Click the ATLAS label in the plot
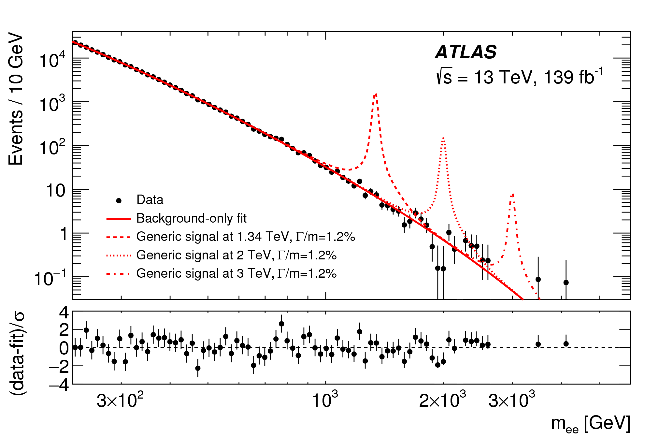(x=466, y=52)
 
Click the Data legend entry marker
(x=119, y=201)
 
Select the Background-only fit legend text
(x=191, y=218)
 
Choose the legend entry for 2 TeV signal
(x=236, y=255)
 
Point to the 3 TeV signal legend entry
(x=236, y=273)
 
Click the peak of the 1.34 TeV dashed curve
(x=376, y=94)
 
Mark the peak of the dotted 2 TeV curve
(x=443, y=139)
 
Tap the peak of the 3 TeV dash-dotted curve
(x=513, y=195)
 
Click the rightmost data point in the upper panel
(x=566, y=283)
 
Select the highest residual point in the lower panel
(x=281, y=324)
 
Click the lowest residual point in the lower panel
(x=198, y=368)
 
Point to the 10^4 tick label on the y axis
(x=52, y=60)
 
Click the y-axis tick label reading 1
(x=64, y=234)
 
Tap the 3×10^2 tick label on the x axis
(x=120, y=400)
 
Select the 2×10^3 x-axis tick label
(x=442, y=400)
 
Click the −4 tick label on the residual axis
(x=59, y=386)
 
